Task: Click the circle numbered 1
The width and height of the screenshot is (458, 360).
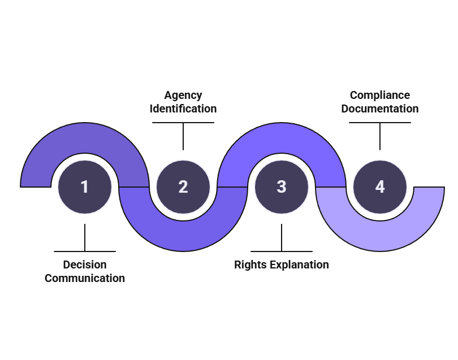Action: click(x=85, y=187)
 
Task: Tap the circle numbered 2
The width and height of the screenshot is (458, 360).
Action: click(x=183, y=187)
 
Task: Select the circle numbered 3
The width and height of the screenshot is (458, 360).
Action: click(x=282, y=187)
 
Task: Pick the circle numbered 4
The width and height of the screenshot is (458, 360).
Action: click(x=380, y=187)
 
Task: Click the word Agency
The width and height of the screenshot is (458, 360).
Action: click(x=183, y=95)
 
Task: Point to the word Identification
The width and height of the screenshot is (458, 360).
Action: click(x=183, y=109)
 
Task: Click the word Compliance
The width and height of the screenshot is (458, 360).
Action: click(x=380, y=95)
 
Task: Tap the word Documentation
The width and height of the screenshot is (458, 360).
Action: click(x=380, y=109)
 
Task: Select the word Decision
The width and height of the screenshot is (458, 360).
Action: click(x=85, y=264)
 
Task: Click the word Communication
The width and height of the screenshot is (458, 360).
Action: click(x=85, y=278)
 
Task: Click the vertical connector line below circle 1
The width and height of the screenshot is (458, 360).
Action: click(x=85, y=237)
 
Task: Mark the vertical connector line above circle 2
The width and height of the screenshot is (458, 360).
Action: click(x=183, y=136)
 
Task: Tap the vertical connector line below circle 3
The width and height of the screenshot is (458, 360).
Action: click(x=282, y=237)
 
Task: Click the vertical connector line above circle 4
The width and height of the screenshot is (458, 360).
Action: click(x=380, y=136)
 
